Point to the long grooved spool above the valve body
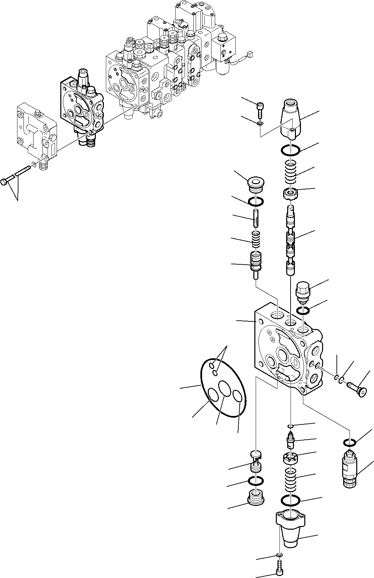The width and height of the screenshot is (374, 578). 291,242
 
